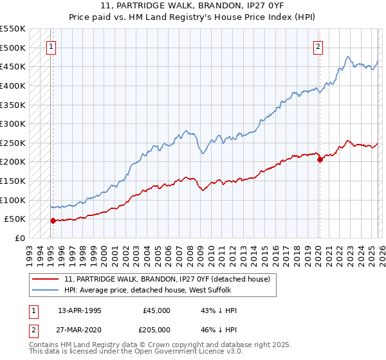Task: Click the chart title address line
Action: [x=193, y=7]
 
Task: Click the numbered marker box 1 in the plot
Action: [x=51, y=46]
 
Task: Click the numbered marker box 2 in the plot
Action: [x=318, y=46]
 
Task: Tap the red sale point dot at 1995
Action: [x=53, y=221]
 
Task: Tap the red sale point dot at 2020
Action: [x=320, y=160]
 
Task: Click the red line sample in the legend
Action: [x=46, y=278]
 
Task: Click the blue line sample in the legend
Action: [x=46, y=290]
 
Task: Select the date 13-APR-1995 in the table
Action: [x=79, y=310]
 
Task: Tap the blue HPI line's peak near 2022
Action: [x=347, y=57]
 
